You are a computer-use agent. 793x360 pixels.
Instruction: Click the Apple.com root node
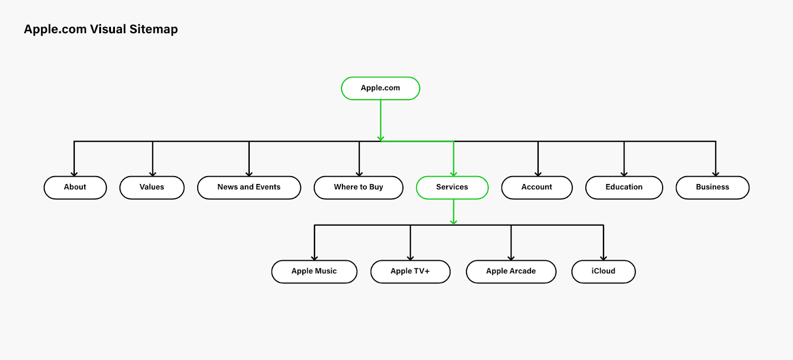pyautogui.click(x=380, y=88)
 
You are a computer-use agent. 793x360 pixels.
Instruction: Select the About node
pyautogui.click(x=75, y=187)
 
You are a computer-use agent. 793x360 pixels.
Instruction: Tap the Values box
pyautogui.click(x=152, y=187)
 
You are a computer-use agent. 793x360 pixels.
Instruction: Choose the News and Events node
pyautogui.click(x=249, y=187)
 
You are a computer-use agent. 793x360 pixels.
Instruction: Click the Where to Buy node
pyautogui.click(x=358, y=187)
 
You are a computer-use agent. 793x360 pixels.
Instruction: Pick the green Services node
pyautogui.click(x=452, y=187)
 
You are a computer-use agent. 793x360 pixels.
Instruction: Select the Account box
pyautogui.click(x=537, y=187)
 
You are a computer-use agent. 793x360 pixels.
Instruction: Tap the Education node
pyautogui.click(x=624, y=187)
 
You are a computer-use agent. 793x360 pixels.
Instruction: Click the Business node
pyautogui.click(x=712, y=187)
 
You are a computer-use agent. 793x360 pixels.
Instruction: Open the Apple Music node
pyautogui.click(x=314, y=271)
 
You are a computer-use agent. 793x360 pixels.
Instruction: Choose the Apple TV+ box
pyautogui.click(x=410, y=271)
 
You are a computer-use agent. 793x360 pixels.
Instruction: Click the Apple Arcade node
pyautogui.click(x=511, y=271)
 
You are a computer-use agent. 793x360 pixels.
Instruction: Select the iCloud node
pyautogui.click(x=603, y=271)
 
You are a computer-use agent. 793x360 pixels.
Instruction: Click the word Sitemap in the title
pyautogui.click(x=154, y=29)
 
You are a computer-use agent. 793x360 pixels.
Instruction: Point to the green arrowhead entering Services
pyautogui.click(x=453, y=174)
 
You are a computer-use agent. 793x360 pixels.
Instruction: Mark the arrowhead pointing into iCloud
pyautogui.click(x=603, y=257)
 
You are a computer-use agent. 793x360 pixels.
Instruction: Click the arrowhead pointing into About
pyautogui.click(x=74, y=174)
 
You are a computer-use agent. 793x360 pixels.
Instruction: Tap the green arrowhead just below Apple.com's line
pyautogui.click(x=381, y=138)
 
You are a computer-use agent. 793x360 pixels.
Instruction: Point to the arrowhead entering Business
pyautogui.click(x=716, y=174)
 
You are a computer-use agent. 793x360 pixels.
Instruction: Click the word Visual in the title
pyautogui.click(x=108, y=29)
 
